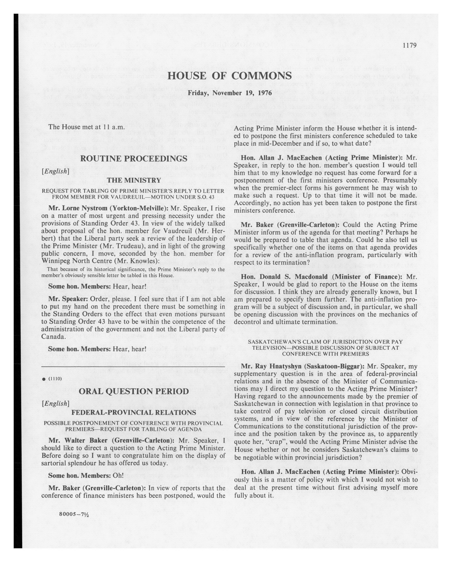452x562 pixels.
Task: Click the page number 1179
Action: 409,45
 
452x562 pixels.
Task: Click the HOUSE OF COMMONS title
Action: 229,76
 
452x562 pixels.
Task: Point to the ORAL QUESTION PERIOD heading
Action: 134,391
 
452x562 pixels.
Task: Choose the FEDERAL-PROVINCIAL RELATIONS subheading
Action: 134,412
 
